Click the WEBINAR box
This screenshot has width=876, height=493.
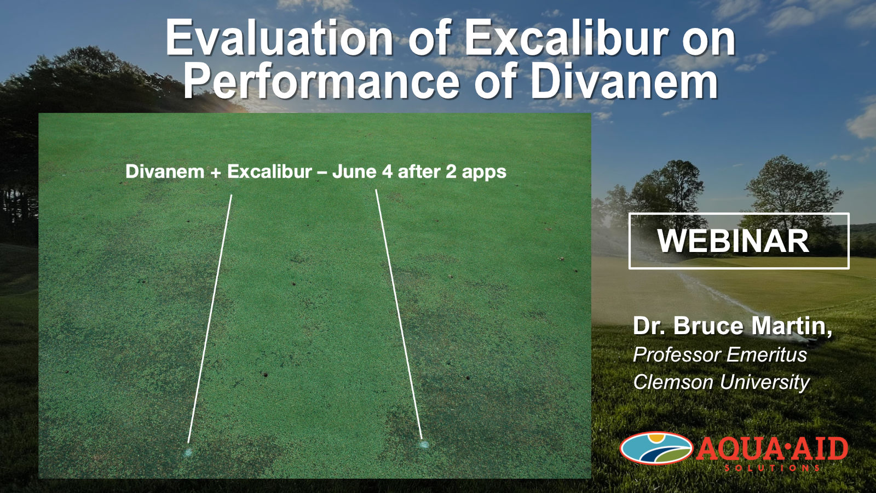click(x=739, y=241)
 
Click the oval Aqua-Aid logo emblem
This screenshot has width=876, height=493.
click(x=656, y=449)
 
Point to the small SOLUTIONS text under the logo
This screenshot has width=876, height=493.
click(x=773, y=468)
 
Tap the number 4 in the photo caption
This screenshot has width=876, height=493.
click(x=388, y=171)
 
